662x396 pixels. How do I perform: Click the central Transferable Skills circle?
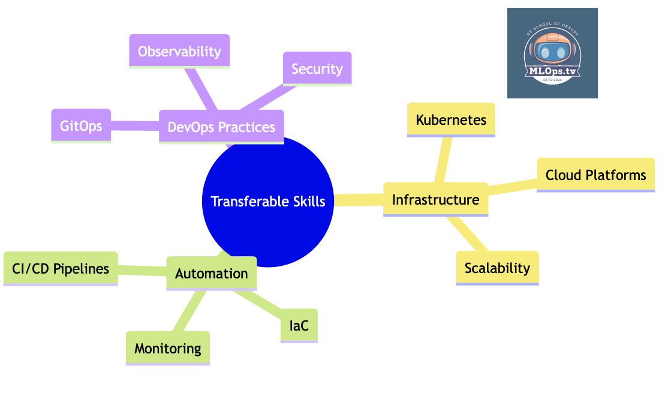[268, 202]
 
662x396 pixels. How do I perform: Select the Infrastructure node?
[435, 199]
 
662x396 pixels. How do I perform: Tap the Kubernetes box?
[451, 119]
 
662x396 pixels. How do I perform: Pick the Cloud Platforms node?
[595, 175]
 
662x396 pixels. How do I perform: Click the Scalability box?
[497, 268]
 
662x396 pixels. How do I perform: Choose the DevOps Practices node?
[221, 127]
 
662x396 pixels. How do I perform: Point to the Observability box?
[179, 52]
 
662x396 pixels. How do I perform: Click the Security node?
[317, 68]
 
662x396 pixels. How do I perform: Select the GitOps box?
[81, 125]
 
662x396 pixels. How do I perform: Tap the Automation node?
[211, 273]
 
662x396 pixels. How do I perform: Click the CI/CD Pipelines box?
[61, 268]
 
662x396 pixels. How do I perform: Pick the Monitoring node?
[168, 348]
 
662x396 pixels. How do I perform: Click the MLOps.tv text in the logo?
[552, 72]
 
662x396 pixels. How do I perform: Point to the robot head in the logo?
[552, 50]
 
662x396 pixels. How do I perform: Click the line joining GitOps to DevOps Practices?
[135, 126]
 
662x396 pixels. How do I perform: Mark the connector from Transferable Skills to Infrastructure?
[359, 200]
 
